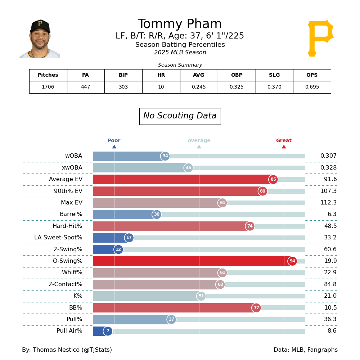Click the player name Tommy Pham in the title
(x=180, y=24)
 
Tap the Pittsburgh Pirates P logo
(x=320, y=38)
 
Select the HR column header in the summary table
(x=161, y=75)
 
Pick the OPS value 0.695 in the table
(x=312, y=87)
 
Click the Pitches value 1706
(x=48, y=87)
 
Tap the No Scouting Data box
(x=180, y=116)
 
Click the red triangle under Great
(x=284, y=147)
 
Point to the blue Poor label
(x=114, y=141)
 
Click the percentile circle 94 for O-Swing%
(x=292, y=261)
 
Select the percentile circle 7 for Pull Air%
(x=108, y=331)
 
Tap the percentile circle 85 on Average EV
(x=273, y=180)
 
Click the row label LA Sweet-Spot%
(x=58, y=238)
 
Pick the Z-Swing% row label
(x=65, y=249)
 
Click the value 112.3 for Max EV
(x=328, y=203)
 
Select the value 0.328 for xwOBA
(x=328, y=168)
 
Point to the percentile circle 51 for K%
(x=201, y=296)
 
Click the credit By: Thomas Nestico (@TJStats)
(x=67, y=350)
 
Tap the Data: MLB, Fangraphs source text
(x=305, y=350)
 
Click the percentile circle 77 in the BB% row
(x=256, y=308)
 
